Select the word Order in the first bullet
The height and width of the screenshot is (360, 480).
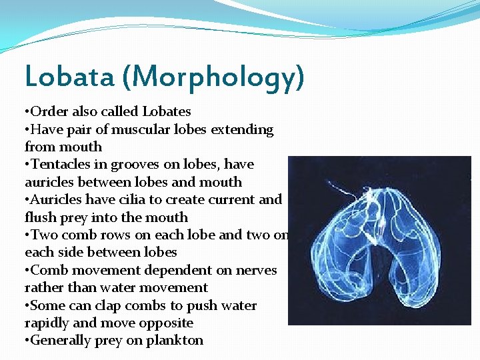[49, 111]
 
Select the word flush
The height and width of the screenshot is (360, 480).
[39, 217]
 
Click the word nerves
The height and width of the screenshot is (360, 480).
[252, 271]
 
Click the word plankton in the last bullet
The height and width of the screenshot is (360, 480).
[176, 341]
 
